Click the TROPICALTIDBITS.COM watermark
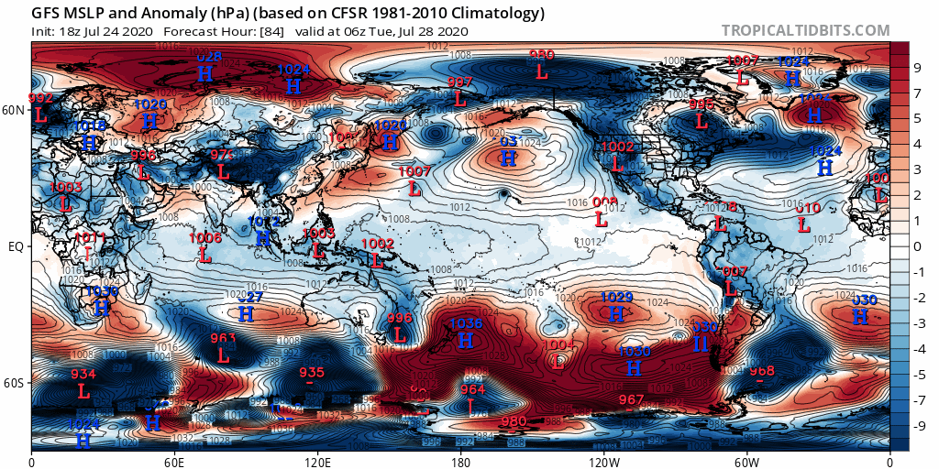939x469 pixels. (805, 30)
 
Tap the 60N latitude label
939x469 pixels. (14, 110)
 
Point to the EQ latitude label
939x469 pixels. (16, 246)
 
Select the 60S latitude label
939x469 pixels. (14, 383)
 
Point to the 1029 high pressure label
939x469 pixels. (616, 298)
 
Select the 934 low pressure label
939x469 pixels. (83, 374)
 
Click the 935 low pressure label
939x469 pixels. (312, 372)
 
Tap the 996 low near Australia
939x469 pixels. (400, 318)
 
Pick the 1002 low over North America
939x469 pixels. (618, 147)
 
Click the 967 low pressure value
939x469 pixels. (631, 399)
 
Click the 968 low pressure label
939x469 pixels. (762, 371)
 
